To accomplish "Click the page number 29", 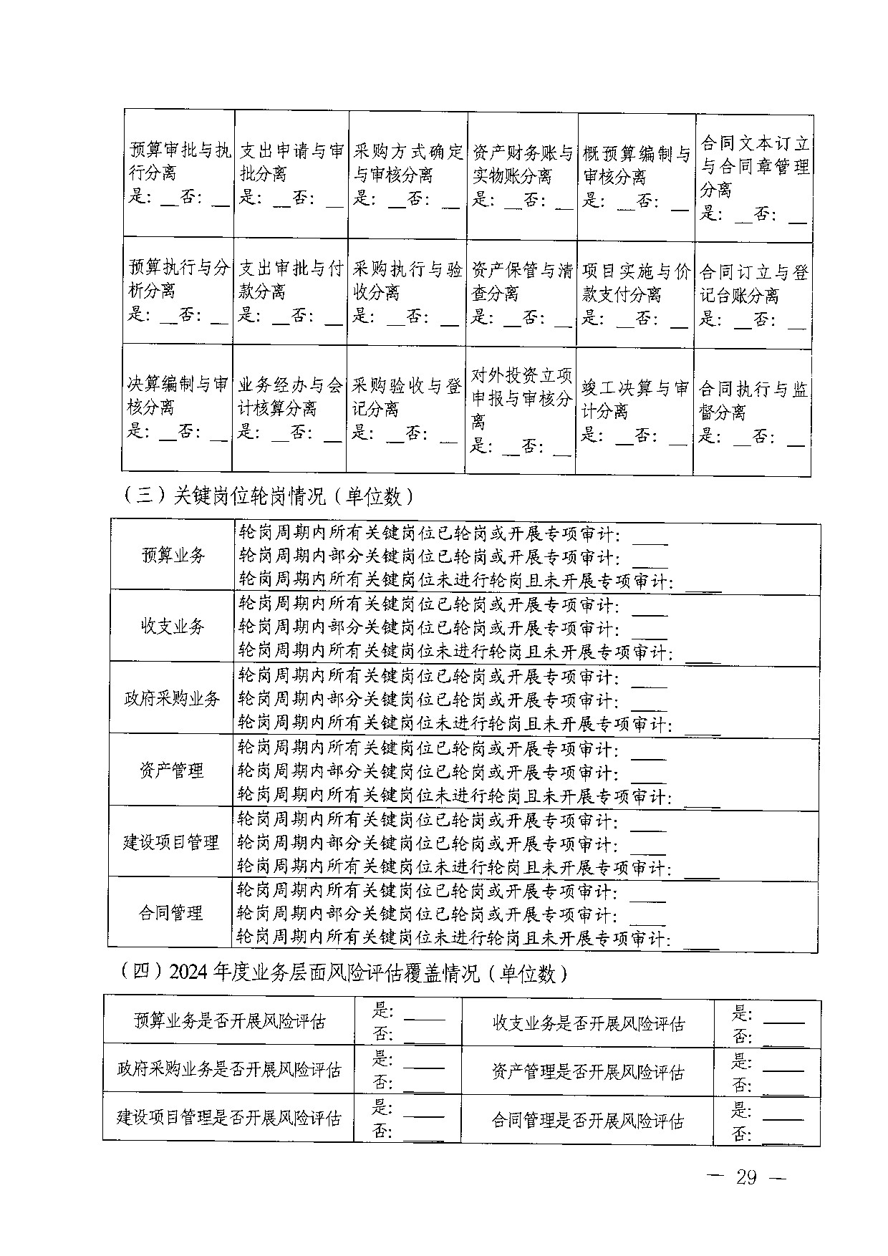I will [x=745, y=1178].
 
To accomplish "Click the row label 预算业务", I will [x=173, y=556].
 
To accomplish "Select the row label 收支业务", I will [x=173, y=627].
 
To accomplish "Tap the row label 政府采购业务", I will [x=172, y=699].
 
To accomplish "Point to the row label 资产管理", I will [x=172, y=770].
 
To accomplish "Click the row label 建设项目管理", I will [x=171, y=842].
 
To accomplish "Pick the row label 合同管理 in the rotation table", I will [x=171, y=913].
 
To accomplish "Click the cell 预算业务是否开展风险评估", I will [x=229, y=1020].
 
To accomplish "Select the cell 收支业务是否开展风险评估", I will [x=588, y=1023].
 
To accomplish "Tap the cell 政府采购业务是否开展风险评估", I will [x=229, y=1070].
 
